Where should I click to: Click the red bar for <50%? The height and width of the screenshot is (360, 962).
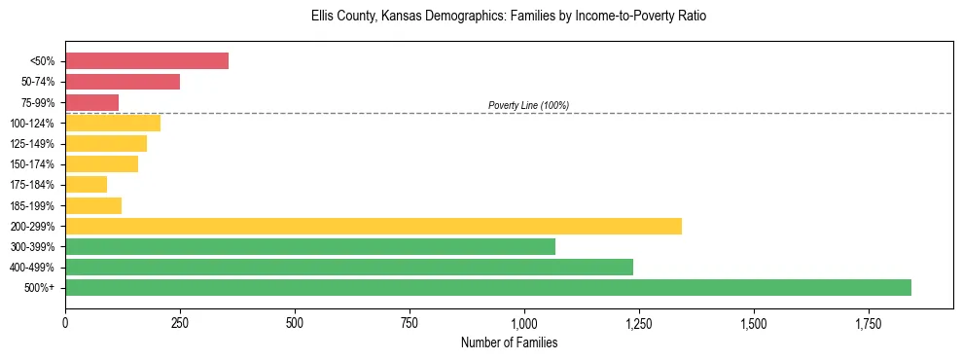point(147,61)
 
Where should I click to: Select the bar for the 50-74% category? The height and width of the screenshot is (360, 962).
point(123,82)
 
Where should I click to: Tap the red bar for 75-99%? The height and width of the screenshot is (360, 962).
point(91,102)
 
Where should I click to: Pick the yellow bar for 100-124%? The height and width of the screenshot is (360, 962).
point(113,123)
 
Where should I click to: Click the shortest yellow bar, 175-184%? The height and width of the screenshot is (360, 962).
point(86,184)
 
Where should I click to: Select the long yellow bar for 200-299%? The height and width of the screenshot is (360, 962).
point(374,226)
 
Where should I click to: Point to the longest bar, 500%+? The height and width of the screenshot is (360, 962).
point(488,287)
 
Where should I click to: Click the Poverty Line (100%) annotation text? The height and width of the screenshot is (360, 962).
point(528,105)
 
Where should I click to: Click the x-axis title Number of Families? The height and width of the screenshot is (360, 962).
point(509,342)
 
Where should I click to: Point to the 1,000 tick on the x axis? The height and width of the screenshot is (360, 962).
point(524,322)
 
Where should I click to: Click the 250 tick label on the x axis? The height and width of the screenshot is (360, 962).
point(180,322)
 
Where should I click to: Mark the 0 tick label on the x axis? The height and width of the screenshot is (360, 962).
point(65,322)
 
